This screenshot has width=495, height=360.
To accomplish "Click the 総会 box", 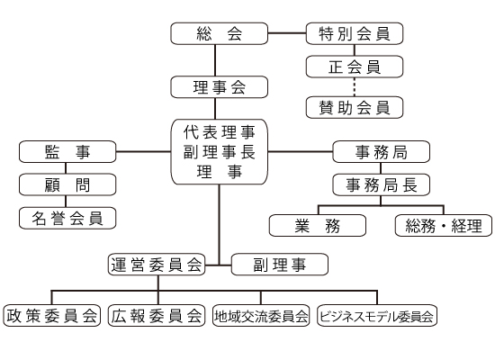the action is coord(219,33).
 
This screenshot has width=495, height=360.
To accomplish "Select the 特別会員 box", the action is coord(355,33).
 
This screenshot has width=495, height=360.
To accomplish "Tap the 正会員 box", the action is coord(355,67).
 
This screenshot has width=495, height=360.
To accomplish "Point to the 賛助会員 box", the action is coord(355,107).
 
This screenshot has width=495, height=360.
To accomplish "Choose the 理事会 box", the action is coord(219,86).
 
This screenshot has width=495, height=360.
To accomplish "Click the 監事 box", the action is coord(67,152).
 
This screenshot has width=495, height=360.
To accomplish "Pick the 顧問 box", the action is coord(67,184).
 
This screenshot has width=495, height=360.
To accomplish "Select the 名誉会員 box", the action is coord(67,218).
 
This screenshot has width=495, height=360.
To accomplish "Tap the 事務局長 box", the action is coord(381,184).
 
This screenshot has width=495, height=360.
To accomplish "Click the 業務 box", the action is coord(318,226).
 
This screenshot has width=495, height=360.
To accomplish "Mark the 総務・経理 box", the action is coord(444,226).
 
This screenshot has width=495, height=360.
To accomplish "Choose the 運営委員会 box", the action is coord(157,265).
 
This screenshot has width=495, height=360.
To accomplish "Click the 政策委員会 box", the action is coord(52,316).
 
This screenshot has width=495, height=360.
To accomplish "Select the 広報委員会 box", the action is coord(157,316).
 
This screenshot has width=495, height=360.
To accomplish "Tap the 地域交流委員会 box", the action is coord(261,316).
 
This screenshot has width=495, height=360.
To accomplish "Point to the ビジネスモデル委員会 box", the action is coord(377,316).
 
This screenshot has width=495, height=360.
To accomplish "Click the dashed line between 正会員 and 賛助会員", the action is coord(355,87).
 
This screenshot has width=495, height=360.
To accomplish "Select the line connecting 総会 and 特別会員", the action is coord(287,32).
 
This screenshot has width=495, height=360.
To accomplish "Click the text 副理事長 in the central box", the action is coord(219,152).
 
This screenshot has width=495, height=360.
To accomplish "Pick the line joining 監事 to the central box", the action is coord(143,152).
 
